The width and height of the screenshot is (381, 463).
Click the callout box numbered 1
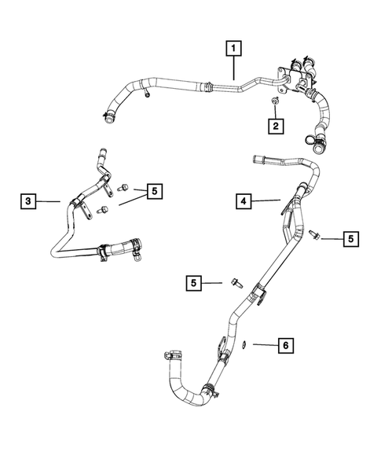(x=233, y=48)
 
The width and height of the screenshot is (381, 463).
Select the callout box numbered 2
(x=276, y=125)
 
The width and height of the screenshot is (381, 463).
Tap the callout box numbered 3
(x=27, y=202)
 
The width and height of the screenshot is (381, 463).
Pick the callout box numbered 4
(x=244, y=202)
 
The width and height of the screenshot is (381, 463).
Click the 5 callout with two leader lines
(x=153, y=190)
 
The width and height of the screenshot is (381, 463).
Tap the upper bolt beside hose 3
(x=123, y=189)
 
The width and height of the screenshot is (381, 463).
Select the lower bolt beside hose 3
(x=103, y=209)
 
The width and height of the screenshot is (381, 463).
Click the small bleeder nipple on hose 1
(x=148, y=96)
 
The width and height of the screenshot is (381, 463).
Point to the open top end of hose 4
(x=257, y=160)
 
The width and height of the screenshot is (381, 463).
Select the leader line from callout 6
(x=263, y=345)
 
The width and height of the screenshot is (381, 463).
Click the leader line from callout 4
(x=267, y=202)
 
